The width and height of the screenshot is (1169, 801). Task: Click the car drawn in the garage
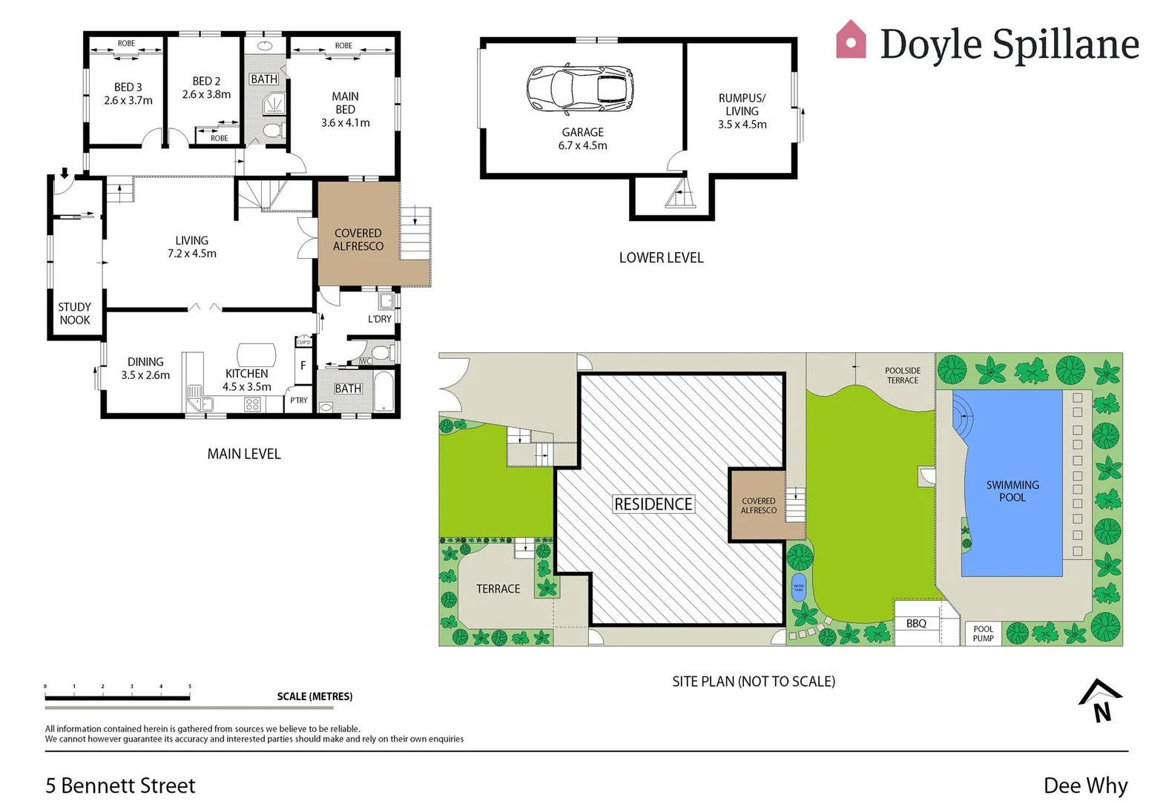point(580,88)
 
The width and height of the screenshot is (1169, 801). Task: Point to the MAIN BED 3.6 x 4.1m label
point(345,109)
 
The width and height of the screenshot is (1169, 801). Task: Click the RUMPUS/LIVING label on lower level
point(742,111)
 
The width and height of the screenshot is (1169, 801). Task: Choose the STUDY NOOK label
point(74,313)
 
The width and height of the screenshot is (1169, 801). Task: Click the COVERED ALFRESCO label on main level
point(358,240)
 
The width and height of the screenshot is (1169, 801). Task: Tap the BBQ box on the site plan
point(916,624)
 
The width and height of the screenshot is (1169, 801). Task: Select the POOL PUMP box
point(983,633)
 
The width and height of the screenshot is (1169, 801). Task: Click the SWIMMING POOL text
point(1012,490)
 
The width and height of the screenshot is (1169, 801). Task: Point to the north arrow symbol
point(1101,701)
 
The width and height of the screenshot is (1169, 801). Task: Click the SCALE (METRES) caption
point(315,696)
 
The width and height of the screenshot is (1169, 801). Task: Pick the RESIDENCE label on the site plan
point(653,504)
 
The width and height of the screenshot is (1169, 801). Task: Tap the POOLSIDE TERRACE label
point(903,375)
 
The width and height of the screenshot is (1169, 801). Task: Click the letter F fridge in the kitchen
point(303,366)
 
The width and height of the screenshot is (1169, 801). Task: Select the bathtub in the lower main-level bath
point(383,391)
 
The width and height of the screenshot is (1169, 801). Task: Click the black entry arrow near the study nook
point(65,174)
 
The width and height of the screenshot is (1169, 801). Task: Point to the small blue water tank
point(799,587)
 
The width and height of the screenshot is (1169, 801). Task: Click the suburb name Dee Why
point(1085,785)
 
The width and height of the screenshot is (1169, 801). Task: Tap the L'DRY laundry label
point(379,319)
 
